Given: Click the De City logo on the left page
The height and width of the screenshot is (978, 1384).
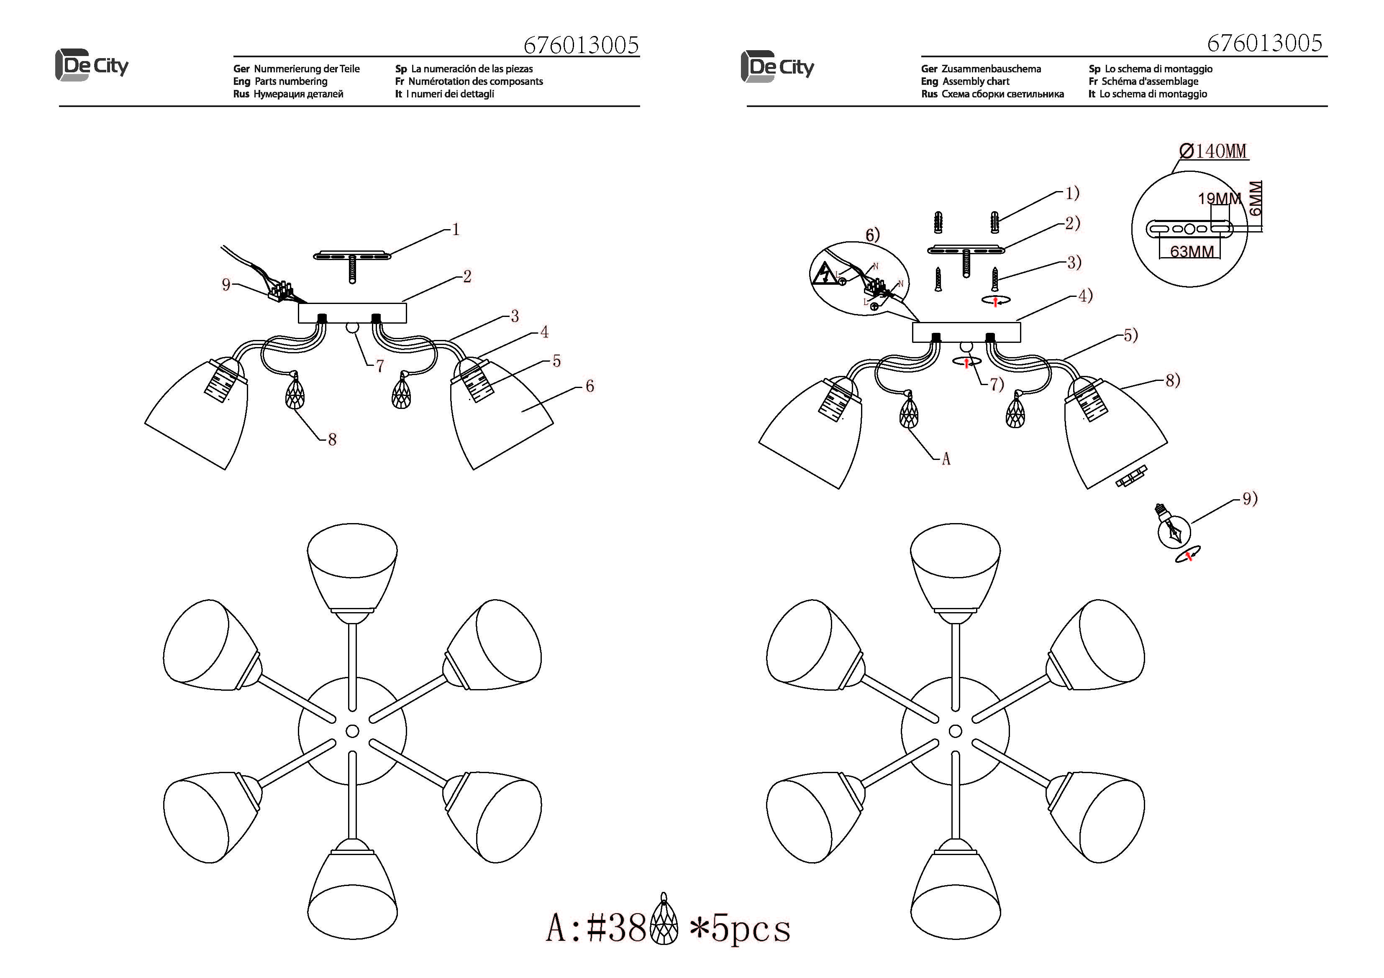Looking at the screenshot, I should click(92, 66).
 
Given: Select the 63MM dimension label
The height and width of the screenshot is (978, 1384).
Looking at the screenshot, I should click(1192, 251).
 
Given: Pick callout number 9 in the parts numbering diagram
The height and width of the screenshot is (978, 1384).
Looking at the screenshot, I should click(226, 284).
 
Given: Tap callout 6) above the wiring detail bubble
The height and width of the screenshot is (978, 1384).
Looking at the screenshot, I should click(873, 235).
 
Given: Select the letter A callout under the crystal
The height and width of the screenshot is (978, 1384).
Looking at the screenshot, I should click(946, 459).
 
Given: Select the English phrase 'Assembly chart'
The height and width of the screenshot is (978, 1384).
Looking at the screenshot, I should click(976, 82).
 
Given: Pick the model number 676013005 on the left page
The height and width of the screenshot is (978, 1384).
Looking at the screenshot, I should click(581, 45).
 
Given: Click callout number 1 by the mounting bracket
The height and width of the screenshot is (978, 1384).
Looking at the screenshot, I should click(456, 230).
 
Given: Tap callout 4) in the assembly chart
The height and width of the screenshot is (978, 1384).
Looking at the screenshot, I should click(1085, 296).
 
